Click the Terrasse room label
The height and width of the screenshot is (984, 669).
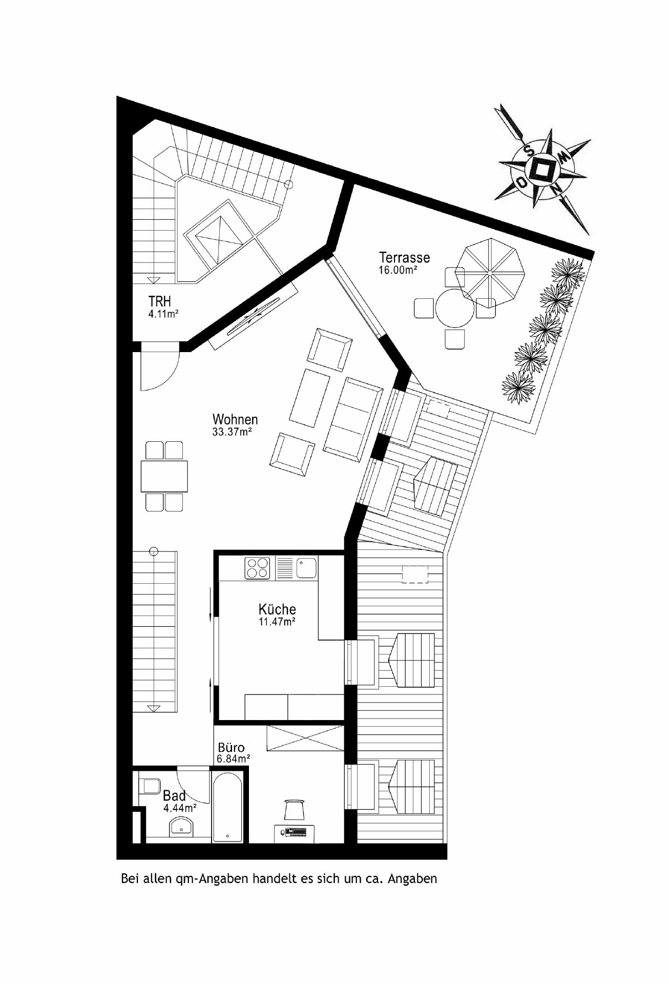(x=404, y=257)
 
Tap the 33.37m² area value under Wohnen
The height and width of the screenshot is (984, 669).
(x=232, y=432)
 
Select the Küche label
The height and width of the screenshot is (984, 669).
(x=277, y=609)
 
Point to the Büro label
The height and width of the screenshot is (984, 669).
(x=231, y=748)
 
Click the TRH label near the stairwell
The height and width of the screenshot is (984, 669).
(x=159, y=301)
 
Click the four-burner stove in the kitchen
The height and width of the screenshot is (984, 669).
(x=257, y=567)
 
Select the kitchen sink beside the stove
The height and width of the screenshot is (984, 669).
(x=306, y=568)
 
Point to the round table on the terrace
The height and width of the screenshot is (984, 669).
(x=454, y=309)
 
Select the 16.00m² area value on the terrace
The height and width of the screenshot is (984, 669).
(x=397, y=270)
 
